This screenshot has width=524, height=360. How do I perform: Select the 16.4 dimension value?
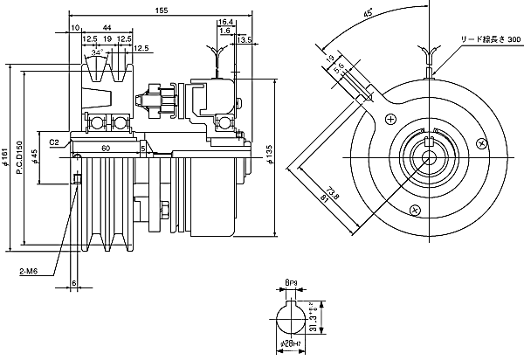pyautogui.click(x=225, y=20)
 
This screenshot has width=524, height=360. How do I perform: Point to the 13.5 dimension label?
pyautogui.click(x=244, y=39)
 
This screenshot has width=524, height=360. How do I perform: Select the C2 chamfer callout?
pyautogui.click(x=54, y=140)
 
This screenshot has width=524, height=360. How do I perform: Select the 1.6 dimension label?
pyautogui.click(x=224, y=30)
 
